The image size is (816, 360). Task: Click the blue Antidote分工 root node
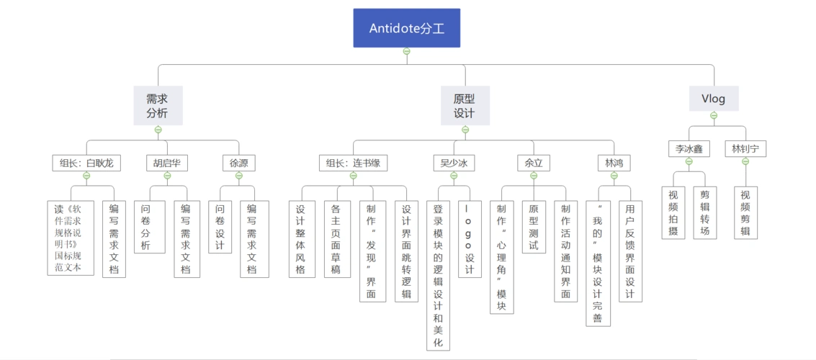(x=406, y=28)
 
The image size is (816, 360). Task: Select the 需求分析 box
(x=158, y=105)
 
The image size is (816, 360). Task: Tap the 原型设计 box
(x=465, y=105)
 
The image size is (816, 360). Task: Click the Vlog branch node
(x=713, y=99)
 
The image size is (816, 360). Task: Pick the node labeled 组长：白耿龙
(x=86, y=163)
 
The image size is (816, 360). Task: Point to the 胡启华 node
(x=167, y=163)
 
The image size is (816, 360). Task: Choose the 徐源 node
(x=238, y=163)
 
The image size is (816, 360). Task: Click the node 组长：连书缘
(x=354, y=163)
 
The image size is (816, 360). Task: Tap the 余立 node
(x=534, y=163)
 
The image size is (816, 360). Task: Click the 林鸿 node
(x=614, y=163)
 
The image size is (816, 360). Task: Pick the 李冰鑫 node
(x=689, y=149)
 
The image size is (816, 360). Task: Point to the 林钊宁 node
(x=745, y=149)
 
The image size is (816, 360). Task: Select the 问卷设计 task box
(x=220, y=227)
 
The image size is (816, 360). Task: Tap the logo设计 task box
(x=470, y=239)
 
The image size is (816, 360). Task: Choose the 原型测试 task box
(x=534, y=227)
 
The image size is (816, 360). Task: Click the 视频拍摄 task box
(x=673, y=212)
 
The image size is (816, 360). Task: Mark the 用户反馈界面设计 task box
(x=629, y=251)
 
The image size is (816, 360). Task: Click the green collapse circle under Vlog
(x=714, y=115)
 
